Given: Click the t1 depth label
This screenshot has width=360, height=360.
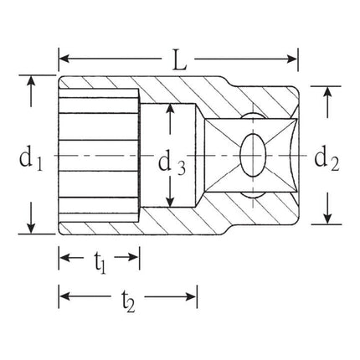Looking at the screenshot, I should point(99,262).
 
